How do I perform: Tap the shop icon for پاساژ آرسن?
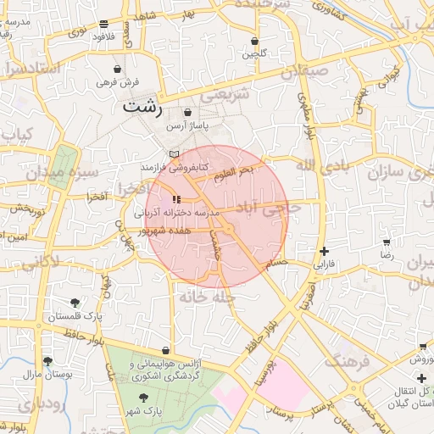click(186, 112)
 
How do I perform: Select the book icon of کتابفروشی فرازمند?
click(174, 154)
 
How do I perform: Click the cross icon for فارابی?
click(325, 251)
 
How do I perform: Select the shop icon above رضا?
click(387, 242)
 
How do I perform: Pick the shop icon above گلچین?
click(255, 41)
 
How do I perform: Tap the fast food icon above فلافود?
click(103, 25)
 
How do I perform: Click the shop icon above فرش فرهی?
click(116, 70)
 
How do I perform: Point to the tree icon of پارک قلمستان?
click(75, 302)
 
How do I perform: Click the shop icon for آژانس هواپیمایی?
click(164, 350)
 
